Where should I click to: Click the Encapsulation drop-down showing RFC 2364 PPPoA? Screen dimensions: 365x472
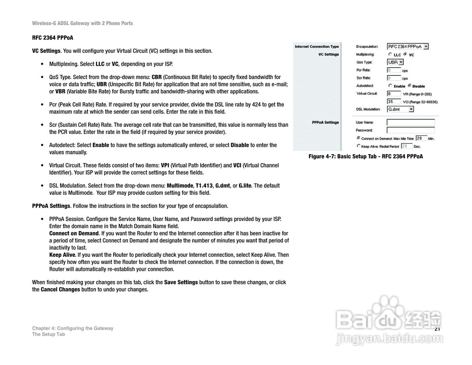407,47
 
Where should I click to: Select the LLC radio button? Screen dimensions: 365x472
390,54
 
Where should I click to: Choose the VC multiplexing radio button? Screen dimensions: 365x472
405,54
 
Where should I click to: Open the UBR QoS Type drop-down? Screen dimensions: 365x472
395,62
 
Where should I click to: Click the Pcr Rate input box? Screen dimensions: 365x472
393,70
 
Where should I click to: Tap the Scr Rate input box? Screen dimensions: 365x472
393,78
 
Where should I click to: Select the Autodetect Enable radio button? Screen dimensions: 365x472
390,86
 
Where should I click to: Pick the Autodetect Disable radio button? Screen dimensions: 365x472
409,86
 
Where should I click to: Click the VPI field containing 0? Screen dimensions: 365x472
393,94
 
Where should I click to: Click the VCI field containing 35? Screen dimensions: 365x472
393,101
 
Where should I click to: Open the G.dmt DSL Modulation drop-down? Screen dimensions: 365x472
400,109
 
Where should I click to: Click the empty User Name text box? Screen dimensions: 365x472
410,122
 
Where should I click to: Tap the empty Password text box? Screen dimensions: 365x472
410,130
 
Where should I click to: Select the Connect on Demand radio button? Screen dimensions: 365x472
358,138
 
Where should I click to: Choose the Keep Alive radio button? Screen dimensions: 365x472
358,146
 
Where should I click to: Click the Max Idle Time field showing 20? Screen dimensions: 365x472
421,138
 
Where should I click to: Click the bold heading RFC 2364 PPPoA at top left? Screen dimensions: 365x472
52,38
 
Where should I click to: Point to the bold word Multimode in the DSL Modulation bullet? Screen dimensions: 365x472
180,186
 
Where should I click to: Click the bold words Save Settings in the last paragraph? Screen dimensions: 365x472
181,282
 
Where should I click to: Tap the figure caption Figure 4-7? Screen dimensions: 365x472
365,156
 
